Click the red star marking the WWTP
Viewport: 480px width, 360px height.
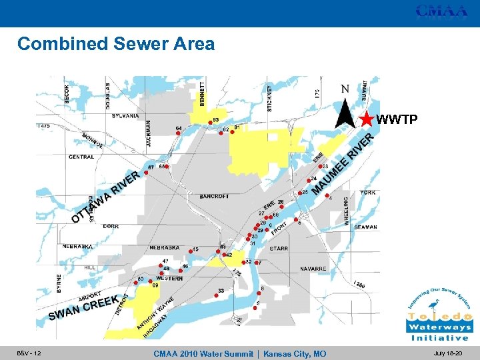click(367, 119)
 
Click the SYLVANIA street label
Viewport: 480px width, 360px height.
click(125, 116)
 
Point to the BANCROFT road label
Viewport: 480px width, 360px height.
click(213, 197)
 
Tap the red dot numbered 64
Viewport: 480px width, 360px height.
click(178, 133)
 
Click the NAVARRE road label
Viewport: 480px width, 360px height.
click(313, 269)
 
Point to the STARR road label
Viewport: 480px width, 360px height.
click(279, 249)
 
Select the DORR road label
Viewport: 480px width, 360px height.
click(111, 226)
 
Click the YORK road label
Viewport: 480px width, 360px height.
click(368, 193)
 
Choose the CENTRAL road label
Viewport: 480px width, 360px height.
click(81, 157)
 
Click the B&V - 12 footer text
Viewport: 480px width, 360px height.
click(29, 353)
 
